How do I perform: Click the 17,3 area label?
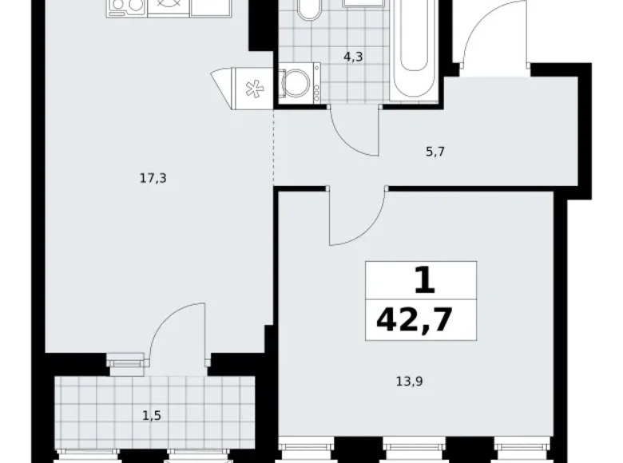pyautogui.click(x=153, y=179)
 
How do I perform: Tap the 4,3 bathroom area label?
pyautogui.click(x=352, y=57)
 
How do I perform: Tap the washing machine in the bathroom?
pyautogui.click(x=299, y=83)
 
